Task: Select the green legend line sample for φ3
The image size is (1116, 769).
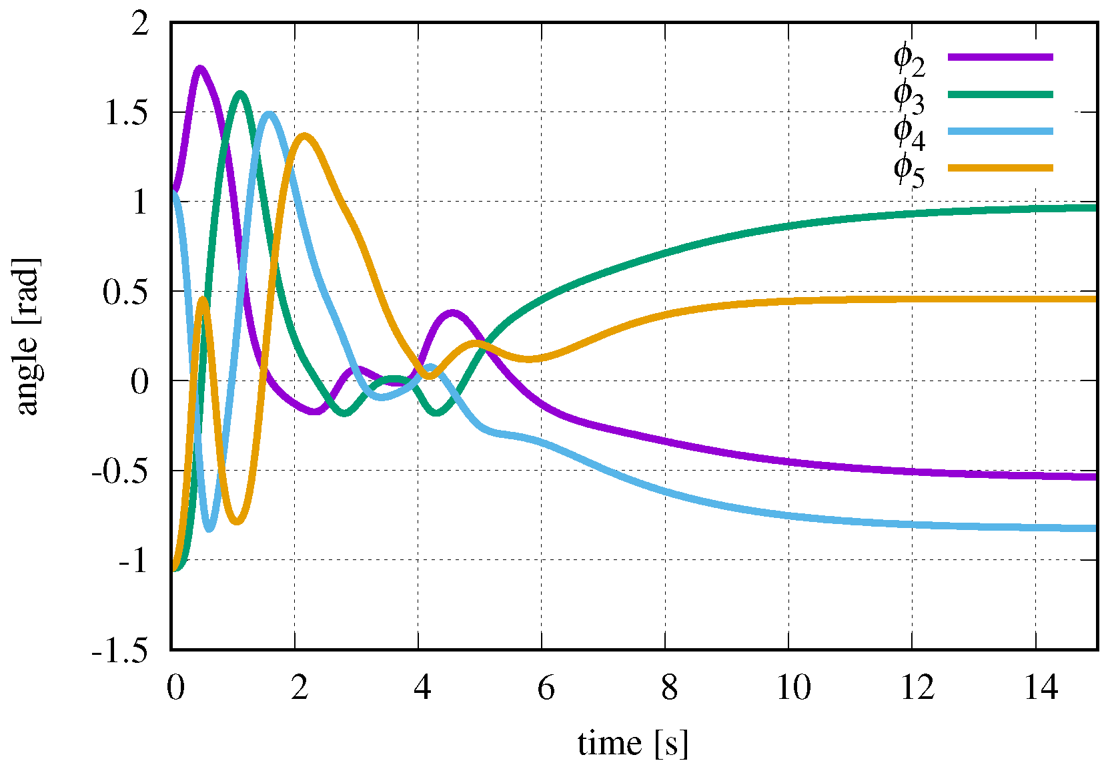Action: pyautogui.click(x=1000, y=94)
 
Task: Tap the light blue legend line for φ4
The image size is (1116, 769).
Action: pyautogui.click(x=1000, y=131)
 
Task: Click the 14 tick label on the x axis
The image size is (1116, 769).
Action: pyautogui.click(x=1041, y=687)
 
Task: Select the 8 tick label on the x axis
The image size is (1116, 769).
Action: pyautogui.click(x=670, y=687)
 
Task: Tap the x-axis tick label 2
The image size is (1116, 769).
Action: pyautogui.click(x=300, y=687)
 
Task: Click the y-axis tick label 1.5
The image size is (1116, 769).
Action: pyautogui.click(x=127, y=113)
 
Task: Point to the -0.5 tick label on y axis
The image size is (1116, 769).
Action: pyautogui.click(x=120, y=471)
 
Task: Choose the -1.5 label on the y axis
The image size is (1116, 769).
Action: pyautogui.click(x=120, y=650)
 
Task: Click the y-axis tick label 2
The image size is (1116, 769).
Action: pyautogui.click(x=140, y=25)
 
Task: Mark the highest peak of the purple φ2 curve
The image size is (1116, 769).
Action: pyautogui.click(x=199, y=67)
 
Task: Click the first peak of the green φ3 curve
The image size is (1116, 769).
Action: pyautogui.click(x=240, y=93)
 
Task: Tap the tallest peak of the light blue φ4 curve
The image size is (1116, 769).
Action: pyautogui.click(x=269, y=114)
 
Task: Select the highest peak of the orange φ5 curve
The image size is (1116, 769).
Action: pyautogui.click(x=305, y=136)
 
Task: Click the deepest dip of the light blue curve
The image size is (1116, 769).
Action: pyautogui.click(x=209, y=529)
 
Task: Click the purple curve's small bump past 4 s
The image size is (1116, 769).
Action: pyautogui.click(x=453, y=312)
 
